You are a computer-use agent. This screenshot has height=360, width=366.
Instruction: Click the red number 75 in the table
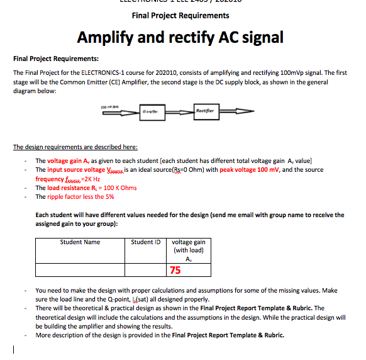pos(175,270)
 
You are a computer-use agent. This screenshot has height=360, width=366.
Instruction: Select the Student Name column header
pos(80,242)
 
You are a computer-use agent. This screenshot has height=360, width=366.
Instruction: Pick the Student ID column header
pos(146,242)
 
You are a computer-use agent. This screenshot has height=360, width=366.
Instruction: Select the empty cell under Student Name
pos(80,270)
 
